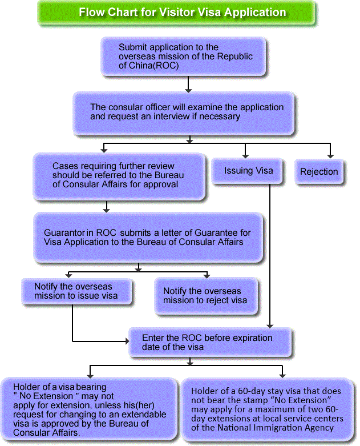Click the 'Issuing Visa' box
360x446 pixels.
(248, 170)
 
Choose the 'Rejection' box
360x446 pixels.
(319, 171)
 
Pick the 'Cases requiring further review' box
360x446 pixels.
(119, 175)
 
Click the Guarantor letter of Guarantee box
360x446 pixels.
(148, 238)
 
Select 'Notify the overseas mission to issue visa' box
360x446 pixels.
(76, 291)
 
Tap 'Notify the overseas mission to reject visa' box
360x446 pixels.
(207, 296)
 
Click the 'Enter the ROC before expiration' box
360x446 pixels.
(209, 343)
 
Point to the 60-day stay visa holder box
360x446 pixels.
(267, 409)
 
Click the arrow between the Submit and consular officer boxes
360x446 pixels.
(188, 84)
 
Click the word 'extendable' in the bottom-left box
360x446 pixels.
(145, 414)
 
